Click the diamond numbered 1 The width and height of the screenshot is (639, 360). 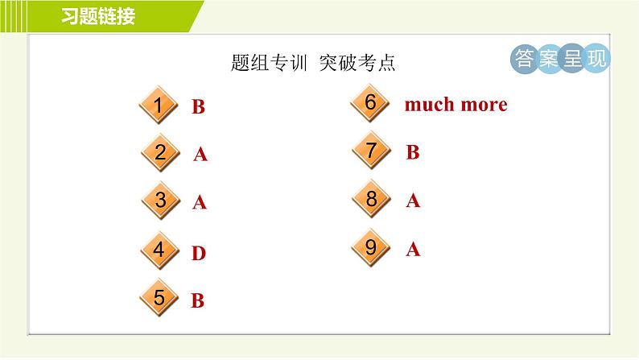coord(159,106)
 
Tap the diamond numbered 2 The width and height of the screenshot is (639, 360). coord(160,153)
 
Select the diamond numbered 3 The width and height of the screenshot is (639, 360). coord(160,201)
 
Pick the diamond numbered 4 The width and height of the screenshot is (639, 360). coord(159,251)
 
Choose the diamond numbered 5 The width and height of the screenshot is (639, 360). coord(159,299)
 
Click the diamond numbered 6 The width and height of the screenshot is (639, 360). coord(371,103)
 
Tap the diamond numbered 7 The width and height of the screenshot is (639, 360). coord(371,151)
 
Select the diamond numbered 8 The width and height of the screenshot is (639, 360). coord(371,200)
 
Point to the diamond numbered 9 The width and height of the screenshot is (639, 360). coord(371,248)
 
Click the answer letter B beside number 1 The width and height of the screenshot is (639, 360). coord(198,107)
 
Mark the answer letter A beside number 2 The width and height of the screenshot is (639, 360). coord(200,155)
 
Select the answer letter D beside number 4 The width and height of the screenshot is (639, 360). coord(199,254)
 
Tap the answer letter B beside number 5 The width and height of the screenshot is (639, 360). coord(198,301)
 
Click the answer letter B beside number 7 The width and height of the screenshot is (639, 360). coord(413,152)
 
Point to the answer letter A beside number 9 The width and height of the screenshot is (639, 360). coord(413,250)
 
